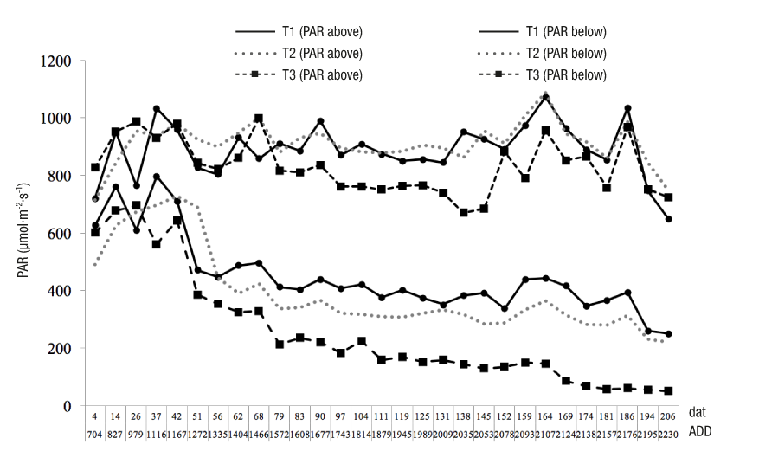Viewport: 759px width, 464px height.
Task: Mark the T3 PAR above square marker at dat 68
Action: click(x=259, y=119)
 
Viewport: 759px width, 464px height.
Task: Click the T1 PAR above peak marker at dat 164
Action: click(x=545, y=98)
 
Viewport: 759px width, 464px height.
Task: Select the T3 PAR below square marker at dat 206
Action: click(x=668, y=390)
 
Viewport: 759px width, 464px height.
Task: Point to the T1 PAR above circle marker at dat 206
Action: click(x=668, y=219)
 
